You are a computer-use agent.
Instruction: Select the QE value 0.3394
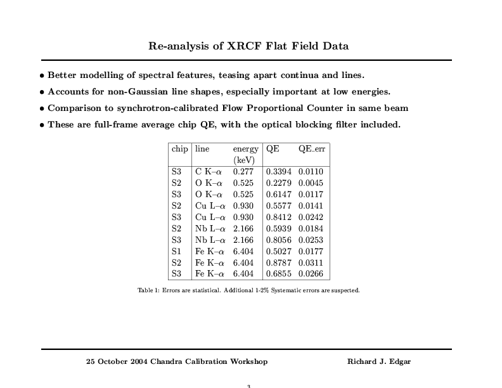pos(279,172)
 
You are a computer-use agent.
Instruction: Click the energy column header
pos(245,149)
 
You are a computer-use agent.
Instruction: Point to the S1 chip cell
pos(176,251)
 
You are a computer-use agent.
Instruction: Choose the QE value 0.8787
pos(279,262)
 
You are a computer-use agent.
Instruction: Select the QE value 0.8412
pos(279,217)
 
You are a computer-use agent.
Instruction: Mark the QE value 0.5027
pos(279,251)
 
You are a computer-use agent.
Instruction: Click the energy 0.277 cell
pos(243,172)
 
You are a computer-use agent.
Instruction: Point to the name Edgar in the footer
pos(401,362)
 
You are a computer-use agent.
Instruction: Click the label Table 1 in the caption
pos(148,290)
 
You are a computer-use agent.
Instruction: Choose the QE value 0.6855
pos(279,274)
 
